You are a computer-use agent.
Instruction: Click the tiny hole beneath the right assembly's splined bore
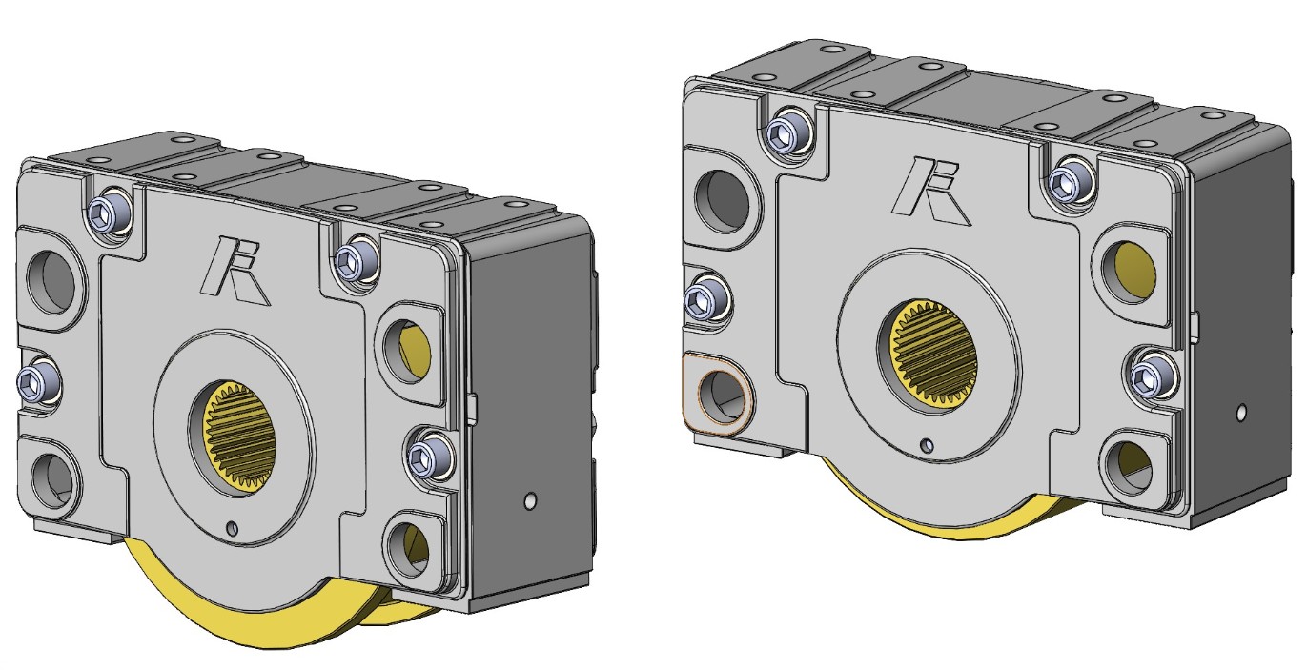point(926,444)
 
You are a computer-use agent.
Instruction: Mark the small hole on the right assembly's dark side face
point(1240,415)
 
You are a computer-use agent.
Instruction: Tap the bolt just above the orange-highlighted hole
point(706,300)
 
